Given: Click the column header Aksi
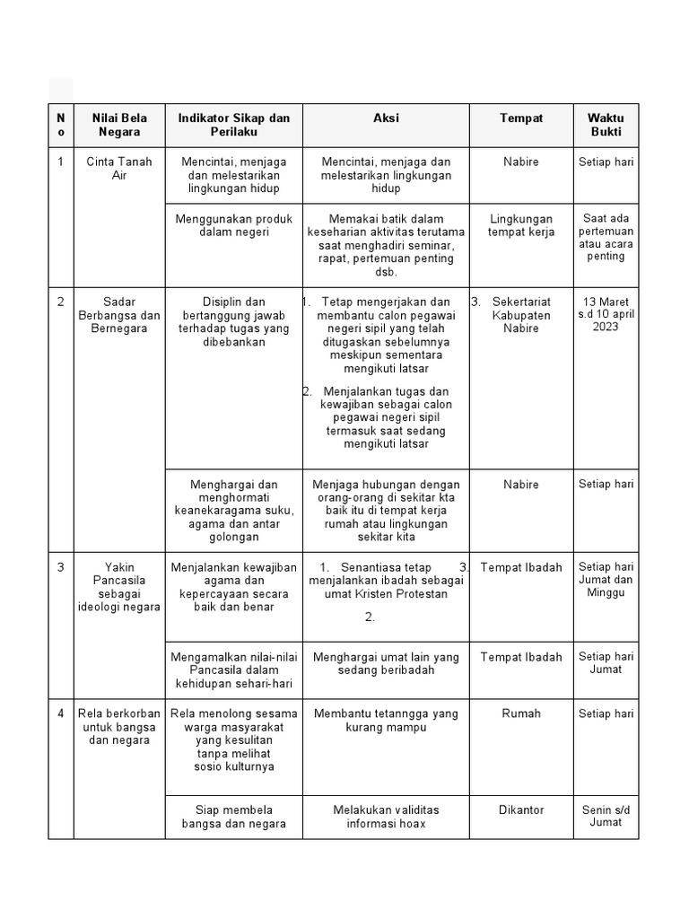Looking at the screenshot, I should [386, 118].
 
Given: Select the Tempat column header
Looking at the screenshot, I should [520, 118].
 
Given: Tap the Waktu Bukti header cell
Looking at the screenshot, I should [606, 125].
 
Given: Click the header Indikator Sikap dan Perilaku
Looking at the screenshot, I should [233, 125].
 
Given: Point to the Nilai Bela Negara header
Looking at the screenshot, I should [119, 125].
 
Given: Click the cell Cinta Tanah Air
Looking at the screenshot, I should [119, 169].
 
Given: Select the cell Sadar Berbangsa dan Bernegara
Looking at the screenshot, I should [119, 315].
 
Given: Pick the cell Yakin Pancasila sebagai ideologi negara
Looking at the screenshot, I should [119, 587].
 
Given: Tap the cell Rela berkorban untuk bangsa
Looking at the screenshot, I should [119, 727].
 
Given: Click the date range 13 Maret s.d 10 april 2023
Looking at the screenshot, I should [606, 314].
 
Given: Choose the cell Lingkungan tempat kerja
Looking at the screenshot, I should [520, 225].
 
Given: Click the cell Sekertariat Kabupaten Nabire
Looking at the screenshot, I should [521, 315].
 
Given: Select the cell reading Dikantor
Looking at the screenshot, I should [521, 810].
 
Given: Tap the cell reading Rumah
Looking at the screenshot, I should [521, 713].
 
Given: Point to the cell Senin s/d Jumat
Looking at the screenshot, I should [606, 816].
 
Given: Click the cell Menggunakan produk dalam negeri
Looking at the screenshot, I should [233, 225].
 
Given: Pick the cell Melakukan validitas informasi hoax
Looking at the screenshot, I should [386, 817].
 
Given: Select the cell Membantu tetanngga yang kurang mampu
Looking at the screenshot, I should [386, 720].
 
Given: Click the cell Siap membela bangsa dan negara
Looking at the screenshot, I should [233, 817].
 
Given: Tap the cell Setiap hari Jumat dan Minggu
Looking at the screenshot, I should [606, 580].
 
